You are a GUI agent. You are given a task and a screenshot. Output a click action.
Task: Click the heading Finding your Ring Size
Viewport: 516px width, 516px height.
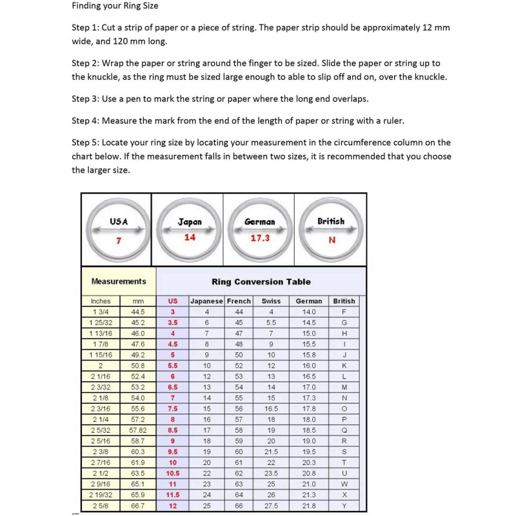coord(115,6)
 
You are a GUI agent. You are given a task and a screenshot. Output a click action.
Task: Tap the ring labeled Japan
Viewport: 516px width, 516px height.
coord(190,230)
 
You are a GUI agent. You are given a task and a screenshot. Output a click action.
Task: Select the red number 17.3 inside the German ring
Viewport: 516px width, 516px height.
coord(260,238)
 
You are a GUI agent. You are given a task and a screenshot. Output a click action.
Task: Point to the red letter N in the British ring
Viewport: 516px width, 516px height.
coord(332,240)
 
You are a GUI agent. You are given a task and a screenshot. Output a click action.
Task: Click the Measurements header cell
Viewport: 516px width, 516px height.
coord(119,282)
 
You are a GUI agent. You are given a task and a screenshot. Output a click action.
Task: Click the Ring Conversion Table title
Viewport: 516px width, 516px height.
coord(261,282)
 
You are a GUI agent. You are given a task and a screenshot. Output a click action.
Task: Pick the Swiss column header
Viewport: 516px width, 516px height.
coord(271,301)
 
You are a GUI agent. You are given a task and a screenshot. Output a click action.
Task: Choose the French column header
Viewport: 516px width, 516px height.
coord(239,301)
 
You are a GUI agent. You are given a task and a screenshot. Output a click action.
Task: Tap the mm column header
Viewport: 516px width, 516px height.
coord(138,301)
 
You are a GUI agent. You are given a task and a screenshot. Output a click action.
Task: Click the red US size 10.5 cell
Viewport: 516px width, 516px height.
coord(173,473)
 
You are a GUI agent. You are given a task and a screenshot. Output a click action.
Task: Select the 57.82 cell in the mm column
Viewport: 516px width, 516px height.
coord(138,430)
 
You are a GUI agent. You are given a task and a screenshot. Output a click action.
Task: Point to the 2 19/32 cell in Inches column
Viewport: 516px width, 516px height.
coord(101,495)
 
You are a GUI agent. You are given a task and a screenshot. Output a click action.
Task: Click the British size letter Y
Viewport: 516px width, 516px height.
coord(344,505)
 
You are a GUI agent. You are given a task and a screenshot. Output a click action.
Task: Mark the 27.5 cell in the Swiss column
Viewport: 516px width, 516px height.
coord(271,505)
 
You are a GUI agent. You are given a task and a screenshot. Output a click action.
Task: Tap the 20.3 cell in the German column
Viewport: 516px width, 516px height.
coord(309,462)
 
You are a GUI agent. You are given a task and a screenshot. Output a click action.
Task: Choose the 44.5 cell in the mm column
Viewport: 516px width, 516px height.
coord(138,312)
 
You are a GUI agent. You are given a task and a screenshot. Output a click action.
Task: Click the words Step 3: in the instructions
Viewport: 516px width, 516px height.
coord(86,99)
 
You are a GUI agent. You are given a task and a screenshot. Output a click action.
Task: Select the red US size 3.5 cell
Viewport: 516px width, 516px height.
coord(173,322)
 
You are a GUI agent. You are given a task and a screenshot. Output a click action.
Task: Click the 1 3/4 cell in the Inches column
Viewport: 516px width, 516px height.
coord(101,312)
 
